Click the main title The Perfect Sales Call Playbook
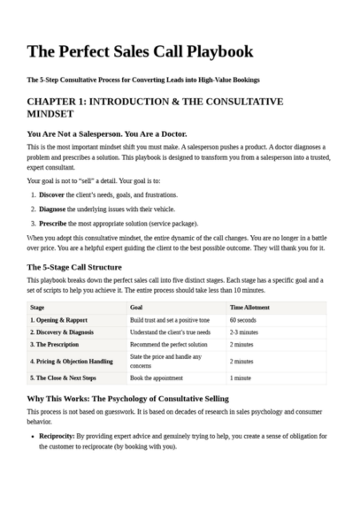140,51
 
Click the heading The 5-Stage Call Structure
87,266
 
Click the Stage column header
38,307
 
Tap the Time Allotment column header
251,307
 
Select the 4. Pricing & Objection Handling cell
73,361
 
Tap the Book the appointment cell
162,378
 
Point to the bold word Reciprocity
57,436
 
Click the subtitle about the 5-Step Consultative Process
143,80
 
